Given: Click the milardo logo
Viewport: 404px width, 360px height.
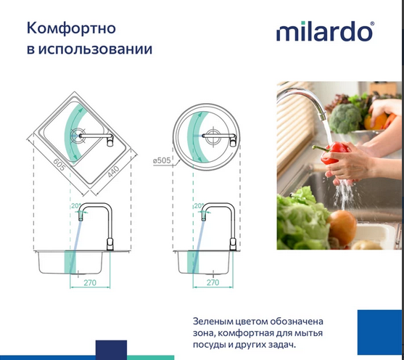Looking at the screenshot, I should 324,33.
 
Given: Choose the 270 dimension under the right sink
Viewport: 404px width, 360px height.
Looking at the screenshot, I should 213,282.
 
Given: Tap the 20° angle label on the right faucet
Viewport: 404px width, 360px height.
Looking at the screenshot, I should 199,206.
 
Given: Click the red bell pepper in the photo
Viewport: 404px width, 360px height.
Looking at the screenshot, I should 335,152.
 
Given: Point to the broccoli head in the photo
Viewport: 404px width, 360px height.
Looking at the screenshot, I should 347,116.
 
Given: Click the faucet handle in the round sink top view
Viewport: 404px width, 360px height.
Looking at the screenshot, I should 233,141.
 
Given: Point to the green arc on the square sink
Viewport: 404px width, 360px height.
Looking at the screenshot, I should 71,131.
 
